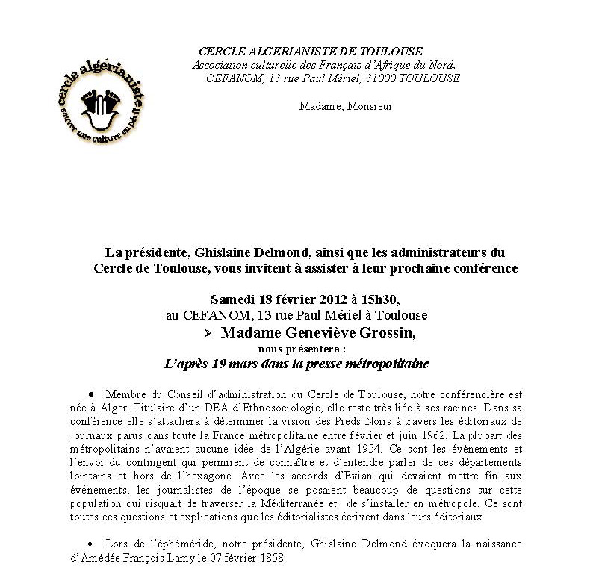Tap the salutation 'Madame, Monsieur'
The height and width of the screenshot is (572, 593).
(x=346, y=106)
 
